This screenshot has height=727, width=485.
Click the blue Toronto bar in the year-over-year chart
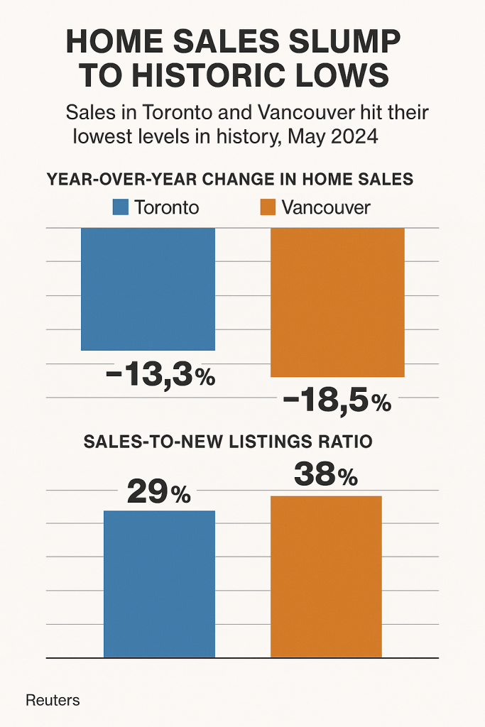(148, 289)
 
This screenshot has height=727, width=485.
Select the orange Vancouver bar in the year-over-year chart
(337, 302)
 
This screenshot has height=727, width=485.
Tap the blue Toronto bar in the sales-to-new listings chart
(159, 584)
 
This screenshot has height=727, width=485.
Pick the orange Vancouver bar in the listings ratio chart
(326, 576)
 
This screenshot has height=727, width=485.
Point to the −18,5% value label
(337, 401)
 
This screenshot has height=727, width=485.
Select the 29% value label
(158, 491)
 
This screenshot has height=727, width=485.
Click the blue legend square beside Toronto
(121, 207)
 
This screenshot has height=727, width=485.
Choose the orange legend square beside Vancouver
(267, 207)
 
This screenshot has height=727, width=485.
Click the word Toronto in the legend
(166, 207)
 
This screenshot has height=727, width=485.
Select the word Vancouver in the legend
(326, 207)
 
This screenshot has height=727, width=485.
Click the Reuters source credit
(53, 700)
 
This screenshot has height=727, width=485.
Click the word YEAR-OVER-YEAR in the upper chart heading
(113, 179)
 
